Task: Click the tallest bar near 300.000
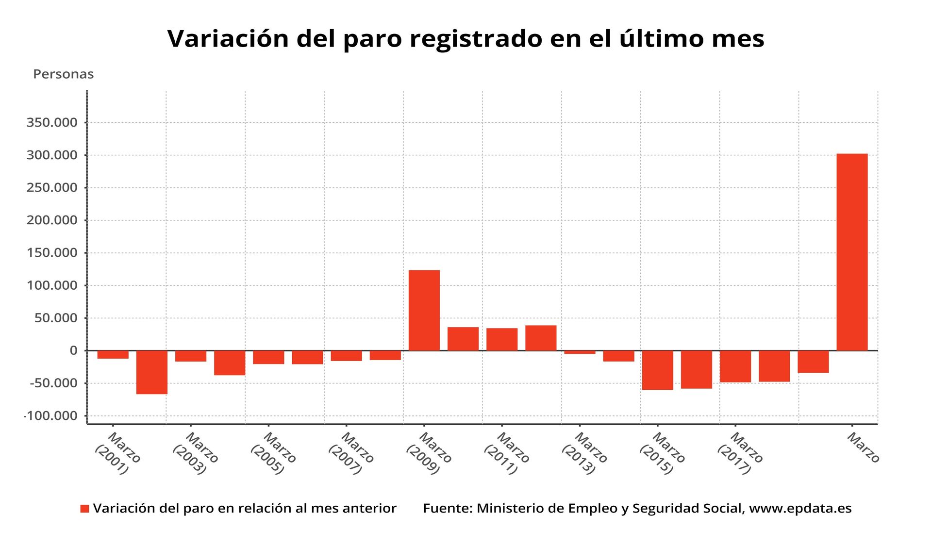pyautogui.click(x=852, y=252)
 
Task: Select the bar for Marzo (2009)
pyautogui.click(x=424, y=310)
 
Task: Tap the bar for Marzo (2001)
pyautogui.click(x=113, y=355)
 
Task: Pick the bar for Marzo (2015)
pyautogui.click(x=657, y=370)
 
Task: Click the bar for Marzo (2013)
pyautogui.click(x=580, y=352)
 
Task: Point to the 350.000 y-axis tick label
pyautogui.click(x=52, y=123)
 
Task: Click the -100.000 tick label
pyautogui.click(x=51, y=416)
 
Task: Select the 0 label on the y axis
pyautogui.click(x=73, y=350)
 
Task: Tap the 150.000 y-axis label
pyautogui.click(x=52, y=253)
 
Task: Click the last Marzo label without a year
pyautogui.click(x=863, y=448)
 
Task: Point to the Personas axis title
pyautogui.click(x=63, y=74)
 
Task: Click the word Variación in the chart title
pyautogui.click(x=229, y=39)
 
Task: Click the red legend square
pyautogui.click(x=84, y=509)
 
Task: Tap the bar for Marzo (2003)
pyautogui.click(x=191, y=356)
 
